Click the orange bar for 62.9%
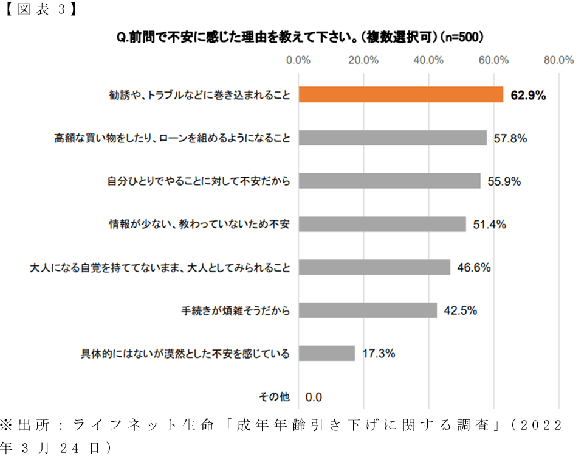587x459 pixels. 401,95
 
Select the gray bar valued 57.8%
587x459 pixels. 393,138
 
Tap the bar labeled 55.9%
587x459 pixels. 390,181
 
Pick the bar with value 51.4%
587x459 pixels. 382,224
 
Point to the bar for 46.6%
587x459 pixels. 374,267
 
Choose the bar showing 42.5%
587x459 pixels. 368,310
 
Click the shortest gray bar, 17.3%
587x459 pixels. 327,353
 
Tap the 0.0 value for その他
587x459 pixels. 314,398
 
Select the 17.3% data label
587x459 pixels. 379,353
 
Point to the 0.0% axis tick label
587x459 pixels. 298,60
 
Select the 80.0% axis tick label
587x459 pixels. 558,60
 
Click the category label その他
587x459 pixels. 275,397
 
